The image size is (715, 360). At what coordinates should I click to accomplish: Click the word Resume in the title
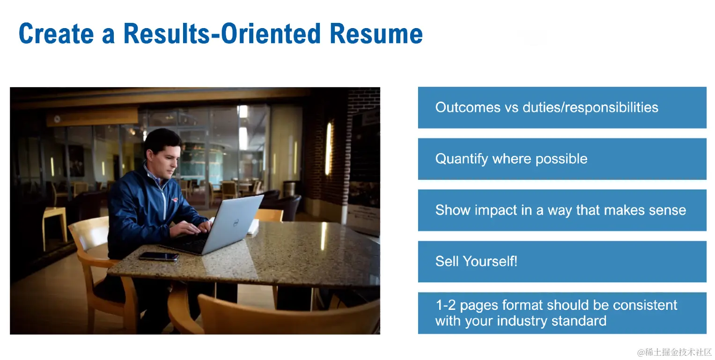pos(376,33)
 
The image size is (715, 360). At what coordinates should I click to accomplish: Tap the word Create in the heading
pos(56,33)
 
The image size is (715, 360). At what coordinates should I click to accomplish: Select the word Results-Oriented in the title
pos(222,33)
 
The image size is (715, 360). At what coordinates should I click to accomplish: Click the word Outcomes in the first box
pos(468,107)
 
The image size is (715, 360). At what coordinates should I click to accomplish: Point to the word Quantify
pos(461,159)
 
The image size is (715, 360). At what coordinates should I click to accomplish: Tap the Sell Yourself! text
pos(476,261)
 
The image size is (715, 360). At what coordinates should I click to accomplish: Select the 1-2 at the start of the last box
pos(446,305)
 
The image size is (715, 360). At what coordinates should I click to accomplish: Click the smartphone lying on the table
pos(159,256)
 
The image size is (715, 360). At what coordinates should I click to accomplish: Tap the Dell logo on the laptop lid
pos(236,223)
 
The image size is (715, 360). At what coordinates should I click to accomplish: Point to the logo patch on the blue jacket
pos(175,200)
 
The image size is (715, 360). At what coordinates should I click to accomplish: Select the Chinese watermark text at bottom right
pos(674,352)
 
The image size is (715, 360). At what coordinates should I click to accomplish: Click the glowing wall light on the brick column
pos(328,148)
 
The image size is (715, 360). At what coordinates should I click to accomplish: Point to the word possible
pos(561,159)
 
